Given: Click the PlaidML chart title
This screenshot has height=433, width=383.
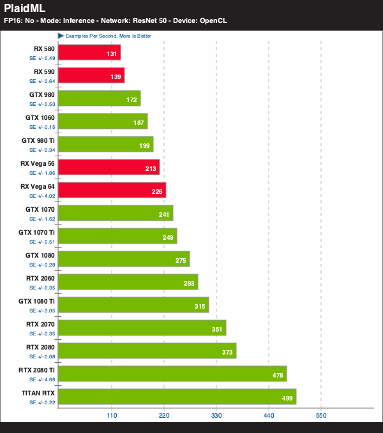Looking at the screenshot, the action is tap(25, 8).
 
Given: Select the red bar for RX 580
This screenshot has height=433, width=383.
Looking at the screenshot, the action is tap(89, 52).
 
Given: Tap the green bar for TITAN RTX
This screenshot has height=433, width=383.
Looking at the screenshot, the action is tap(177, 397).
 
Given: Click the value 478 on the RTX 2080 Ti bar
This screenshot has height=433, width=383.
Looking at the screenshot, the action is tap(278, 375).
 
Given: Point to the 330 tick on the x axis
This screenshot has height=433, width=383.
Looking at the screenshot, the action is tap(216, 416).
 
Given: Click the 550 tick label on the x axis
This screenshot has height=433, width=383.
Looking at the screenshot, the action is tap(321, 416).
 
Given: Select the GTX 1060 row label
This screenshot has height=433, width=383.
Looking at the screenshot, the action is tap(40, 117).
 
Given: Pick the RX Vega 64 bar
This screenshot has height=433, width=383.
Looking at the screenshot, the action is tap(112, 190).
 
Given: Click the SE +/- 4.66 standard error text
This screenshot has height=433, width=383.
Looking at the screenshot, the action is tap(42, 379).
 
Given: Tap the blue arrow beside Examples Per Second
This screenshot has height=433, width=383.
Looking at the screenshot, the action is tap(61, 36).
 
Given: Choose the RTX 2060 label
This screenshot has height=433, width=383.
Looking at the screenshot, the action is tap(40, 278).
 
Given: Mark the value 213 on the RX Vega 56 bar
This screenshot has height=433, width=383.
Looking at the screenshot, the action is tap(151, 169).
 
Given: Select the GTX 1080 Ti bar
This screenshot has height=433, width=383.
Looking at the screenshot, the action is tap(133, 305).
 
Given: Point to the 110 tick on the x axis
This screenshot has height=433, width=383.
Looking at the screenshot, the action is tap(112, 416).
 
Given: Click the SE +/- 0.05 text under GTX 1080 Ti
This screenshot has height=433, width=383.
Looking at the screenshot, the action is tap(42, 311).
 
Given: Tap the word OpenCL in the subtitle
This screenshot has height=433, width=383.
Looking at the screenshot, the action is tap(213, 20).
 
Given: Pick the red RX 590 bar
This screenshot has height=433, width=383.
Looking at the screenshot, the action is tap(91, 75).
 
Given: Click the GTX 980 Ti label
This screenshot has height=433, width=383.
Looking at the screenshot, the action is tap(38, 140).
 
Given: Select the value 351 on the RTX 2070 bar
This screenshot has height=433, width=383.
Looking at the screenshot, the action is tap(217, 330).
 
